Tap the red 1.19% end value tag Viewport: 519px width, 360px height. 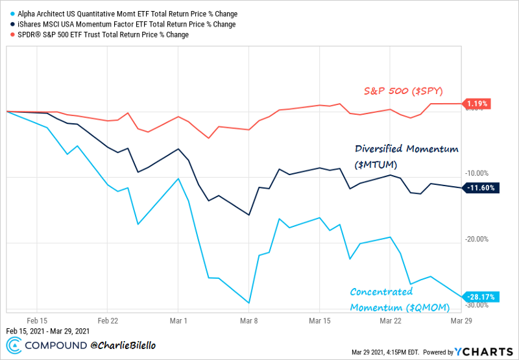(x=478, y=103)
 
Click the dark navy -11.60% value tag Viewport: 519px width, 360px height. (x=481, y=187)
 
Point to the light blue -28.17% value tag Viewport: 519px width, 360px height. (x=481, y=297)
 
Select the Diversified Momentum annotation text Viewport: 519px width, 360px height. (x=407, y=156)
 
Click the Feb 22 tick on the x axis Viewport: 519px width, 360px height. (x=107, y=320)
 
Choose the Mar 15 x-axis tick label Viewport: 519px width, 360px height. (x=320, y=320)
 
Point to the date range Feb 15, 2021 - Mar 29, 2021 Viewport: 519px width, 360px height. (x=47, y=331)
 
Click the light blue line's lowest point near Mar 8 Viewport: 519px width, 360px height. (x=249, y=303)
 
